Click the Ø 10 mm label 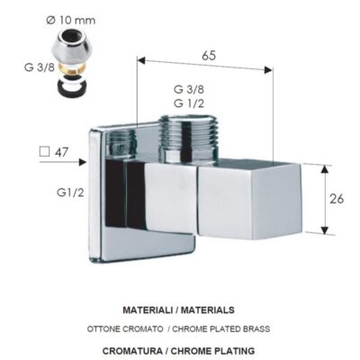pos(71,21)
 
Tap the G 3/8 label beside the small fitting pos(40,67)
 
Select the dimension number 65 pos(209,56)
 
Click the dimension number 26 pos(337,199)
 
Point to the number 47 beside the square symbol pos(61,152)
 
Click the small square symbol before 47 pos(44,151)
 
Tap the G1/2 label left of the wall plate pos(70,193)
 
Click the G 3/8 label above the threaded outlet pos(189,89)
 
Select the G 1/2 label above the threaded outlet pos(189,103)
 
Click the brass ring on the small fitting pos(72,67)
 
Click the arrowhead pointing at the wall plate pos(82,162)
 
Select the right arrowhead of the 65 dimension pos(268,70)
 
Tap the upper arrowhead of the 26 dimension pos(324,169)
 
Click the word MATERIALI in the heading pos(148,310)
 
